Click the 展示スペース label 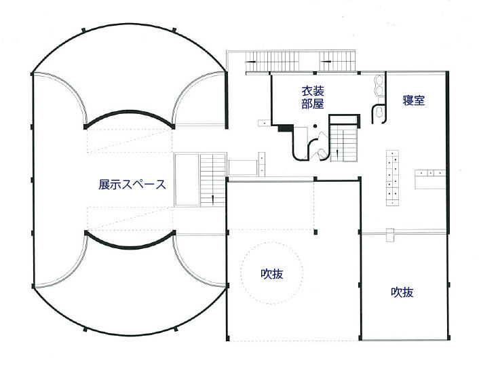tap(132, 184)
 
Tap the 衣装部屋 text tap(313, 98)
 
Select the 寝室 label tap(414, 100)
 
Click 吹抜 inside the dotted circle tap(272, 273)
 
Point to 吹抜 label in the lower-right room tap(402, 292)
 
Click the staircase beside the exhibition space tap(213, 180)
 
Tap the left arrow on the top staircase tap(250, 62)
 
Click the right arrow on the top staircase tap(326, 62)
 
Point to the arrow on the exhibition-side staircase tap(213, 199)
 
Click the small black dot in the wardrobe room tap(315, 126)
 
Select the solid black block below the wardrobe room tap(286, 128)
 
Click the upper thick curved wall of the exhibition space tap(129, 117)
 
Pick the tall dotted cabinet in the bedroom tap(393, 178)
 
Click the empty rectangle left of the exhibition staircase tap(187, 180)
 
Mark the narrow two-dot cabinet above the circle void tap(261, 164)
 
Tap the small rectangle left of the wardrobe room tap(264, 123)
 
